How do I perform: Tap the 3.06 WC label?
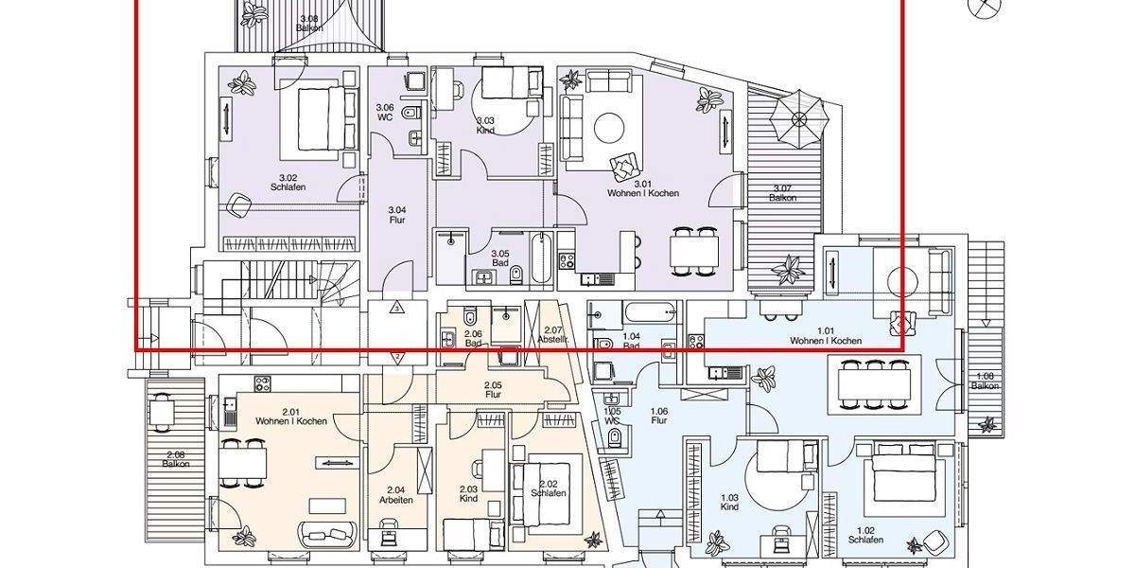pyautogui.click(x=384, y=113)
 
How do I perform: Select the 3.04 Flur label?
pyautogui.click(x=397, y=215)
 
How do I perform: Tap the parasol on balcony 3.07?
pyautogui.click(x=799, y=118)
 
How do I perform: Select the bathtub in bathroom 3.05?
pyautogui.click(x=540, y=257)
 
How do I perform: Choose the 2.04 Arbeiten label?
pyautogui.click(x=397, y=495)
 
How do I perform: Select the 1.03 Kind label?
pyautogui.click(x=728, y=503)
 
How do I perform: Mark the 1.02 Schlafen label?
pyautogui.click(x=869, y=535)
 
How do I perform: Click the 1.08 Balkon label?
pyautogui.click(x=985, y=382)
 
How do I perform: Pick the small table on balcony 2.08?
pyautogui.click(x=164, y=411)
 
